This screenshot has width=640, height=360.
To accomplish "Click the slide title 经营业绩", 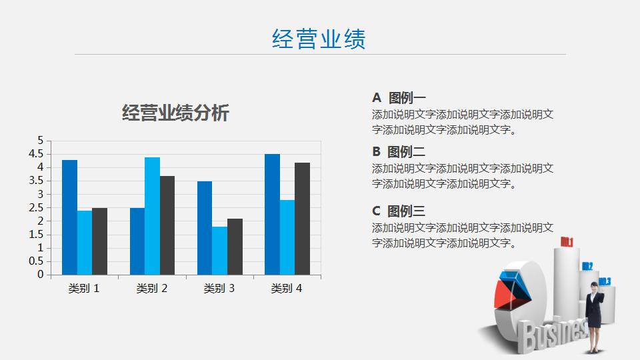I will click(x=319, y=39).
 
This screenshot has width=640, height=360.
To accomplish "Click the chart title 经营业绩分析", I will click(x=175, y=113).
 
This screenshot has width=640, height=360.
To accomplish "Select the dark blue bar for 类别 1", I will click(x=69, y=217).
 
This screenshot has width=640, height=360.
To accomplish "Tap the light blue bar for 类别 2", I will click(x=152, y=215).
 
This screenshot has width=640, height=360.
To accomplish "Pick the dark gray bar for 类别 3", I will click(x=235, y=246).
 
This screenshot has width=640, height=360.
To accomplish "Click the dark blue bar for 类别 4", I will click(x=272, y=214).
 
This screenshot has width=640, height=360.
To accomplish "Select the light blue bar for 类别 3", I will click(x=219, y=250).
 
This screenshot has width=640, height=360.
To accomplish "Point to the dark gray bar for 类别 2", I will click(x=167, y=225).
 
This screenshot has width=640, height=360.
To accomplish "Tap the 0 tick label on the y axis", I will click(x=40, y=274).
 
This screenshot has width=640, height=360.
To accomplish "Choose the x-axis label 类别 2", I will click(x=152, y=289).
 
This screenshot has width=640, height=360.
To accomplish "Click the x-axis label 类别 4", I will click(x=287, y=289).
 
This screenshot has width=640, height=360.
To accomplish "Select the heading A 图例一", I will click(x=399, y=98).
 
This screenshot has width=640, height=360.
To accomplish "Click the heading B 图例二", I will click(x=399, y=151).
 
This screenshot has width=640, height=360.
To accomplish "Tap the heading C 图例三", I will click(x=399, y=211).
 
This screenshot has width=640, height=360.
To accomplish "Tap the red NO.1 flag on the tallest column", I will click(x=567, y=241).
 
